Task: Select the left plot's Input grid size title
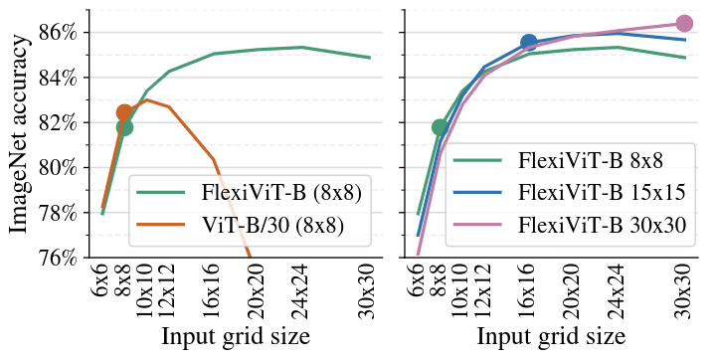tap(236, 336)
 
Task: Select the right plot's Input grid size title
tap(551, 336)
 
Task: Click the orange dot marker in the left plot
tap(124, 113)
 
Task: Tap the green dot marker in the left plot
tap(124, 127)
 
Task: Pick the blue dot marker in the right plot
tap(529, 43)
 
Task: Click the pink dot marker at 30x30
tap(684, 23)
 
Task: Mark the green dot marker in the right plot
tap(440, 127)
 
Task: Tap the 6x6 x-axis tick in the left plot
tap(103, 280)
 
